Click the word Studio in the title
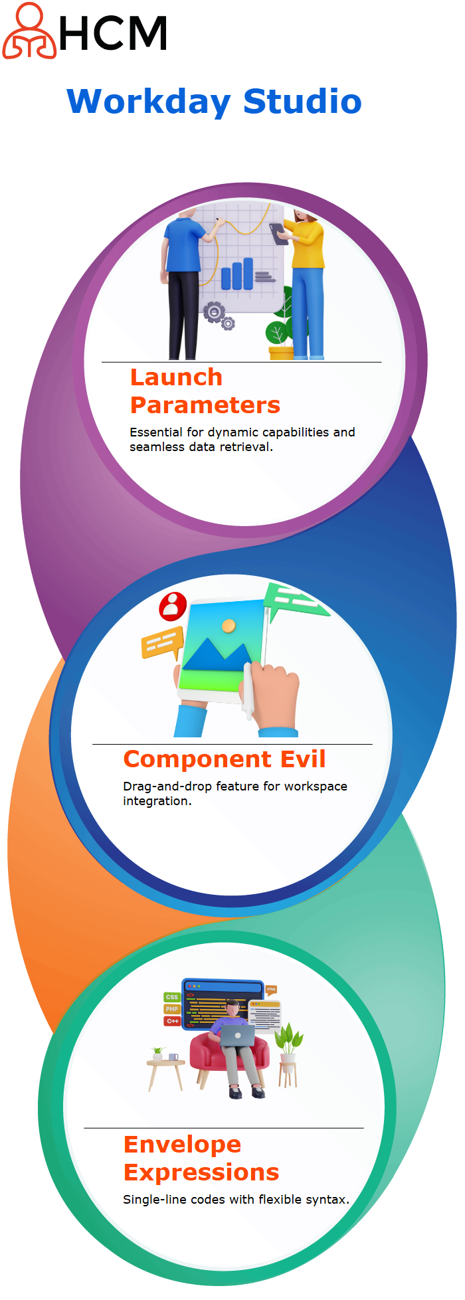[x=302, y=102]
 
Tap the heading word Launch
[x=176, y=377]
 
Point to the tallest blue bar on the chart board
[x=248, y=274]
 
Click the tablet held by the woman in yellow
[x=277, y=234]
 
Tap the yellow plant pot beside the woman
[x=280, y=352]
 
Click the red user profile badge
[x=173, y=606]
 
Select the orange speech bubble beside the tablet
[x=162, y=642]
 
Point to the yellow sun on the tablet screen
[x=229, y=626]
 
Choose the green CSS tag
[x=172, y=997]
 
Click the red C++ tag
[x=172, y=1021]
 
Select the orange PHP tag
[x=172, y=1009]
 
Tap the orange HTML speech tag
[x=271, y=990]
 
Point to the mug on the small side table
[x=173, y=1056]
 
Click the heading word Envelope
[x=183, y=1145]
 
